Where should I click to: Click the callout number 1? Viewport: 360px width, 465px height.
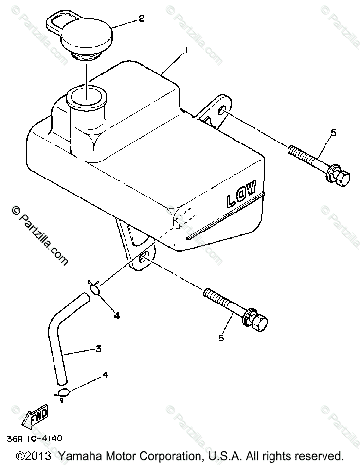(185, 51)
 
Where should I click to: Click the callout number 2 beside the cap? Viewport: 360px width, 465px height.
(141, 19)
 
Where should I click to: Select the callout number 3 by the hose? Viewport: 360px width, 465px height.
(98, 348)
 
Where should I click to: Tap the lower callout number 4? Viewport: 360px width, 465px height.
(105, 375)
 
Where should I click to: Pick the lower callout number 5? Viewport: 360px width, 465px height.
(221, 338)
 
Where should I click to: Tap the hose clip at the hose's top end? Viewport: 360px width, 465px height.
(95, 288)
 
